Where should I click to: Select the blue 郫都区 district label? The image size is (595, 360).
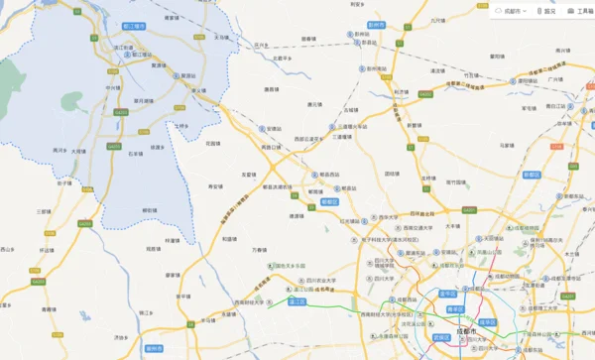click(330, 201)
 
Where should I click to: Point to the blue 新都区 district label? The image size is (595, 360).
click(531, 174)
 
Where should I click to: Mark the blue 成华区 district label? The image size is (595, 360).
click(487, 322)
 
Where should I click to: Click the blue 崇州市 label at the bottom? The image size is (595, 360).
click(153, 349)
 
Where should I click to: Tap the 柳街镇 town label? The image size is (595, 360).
click(150, 210)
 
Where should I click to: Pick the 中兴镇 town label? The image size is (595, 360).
click(111, 87)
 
